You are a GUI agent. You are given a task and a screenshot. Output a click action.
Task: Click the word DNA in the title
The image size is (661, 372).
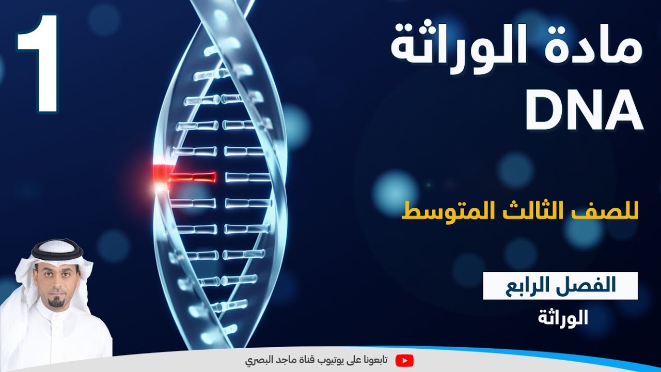584,110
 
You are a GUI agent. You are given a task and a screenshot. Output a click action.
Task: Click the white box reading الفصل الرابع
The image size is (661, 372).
560,286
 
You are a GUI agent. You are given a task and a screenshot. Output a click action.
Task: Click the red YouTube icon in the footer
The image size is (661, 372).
404,360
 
